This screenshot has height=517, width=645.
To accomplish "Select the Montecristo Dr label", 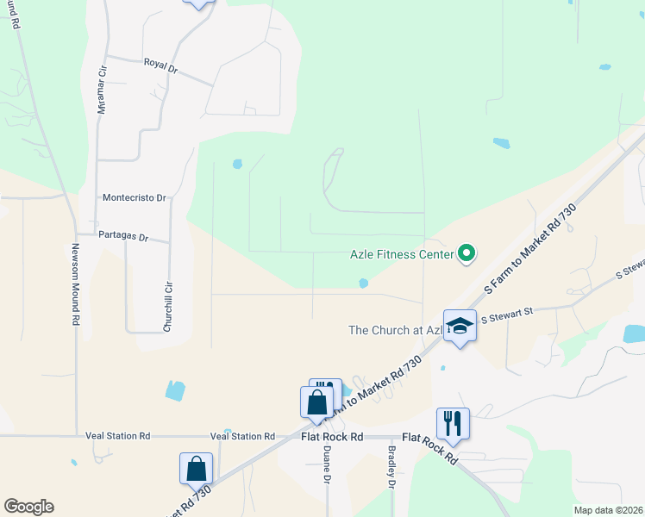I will [134, 197].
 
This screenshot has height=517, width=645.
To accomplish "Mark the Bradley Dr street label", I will [391, 468].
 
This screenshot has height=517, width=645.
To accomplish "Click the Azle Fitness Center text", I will [401, 255].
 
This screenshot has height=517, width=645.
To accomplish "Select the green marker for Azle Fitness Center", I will [467, 253].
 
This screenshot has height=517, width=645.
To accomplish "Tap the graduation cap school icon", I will [460, 326].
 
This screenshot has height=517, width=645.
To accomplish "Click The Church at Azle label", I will [395, 330].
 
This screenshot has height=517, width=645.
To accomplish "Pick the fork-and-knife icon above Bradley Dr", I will [453, 423].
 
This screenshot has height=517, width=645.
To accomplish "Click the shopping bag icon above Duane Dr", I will [316, 402].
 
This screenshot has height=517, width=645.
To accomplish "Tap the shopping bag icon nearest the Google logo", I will [197, 470].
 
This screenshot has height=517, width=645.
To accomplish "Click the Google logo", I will [28, 507].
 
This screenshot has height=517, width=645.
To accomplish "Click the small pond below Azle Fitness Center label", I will [364, 283].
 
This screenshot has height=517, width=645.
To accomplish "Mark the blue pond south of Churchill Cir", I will [175, 390].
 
